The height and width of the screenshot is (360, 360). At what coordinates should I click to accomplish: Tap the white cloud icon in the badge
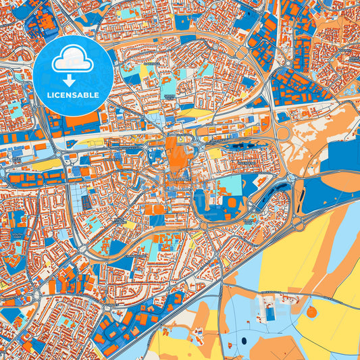[x=73, y=61]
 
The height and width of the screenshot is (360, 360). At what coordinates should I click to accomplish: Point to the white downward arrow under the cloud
[x=74, y=80]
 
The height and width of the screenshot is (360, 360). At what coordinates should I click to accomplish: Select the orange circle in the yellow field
[x=311, y=312]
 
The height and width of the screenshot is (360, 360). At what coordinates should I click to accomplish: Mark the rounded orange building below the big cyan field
[x=232, y=203]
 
